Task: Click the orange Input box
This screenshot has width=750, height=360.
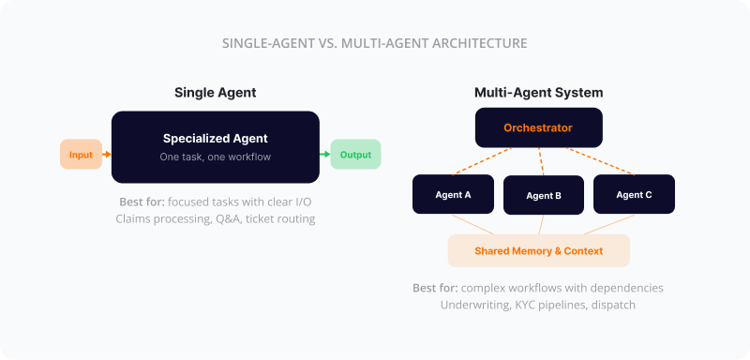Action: (x=81, y=154)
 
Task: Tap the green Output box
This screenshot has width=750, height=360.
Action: (x=355, y=155)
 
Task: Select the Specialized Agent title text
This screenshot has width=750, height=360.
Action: (x=216, y=138)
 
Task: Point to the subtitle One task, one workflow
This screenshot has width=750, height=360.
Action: (x=216, y=157)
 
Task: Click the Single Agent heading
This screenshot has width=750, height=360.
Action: (x=216, y=93)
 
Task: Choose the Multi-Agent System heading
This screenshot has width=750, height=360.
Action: (x=538, y=93)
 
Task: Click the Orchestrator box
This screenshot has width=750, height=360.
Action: (x=538, y=127)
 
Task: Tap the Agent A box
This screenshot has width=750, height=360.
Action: (x=454, y=194)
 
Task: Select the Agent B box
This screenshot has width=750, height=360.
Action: (x=544, y=196)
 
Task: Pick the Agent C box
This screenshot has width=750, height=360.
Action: (x=634, y=194)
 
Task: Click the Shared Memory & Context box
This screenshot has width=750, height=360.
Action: (x=538, y=251)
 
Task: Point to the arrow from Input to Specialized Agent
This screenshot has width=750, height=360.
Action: (x=107, y=154)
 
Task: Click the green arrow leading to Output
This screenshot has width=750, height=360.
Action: (x=324, y=154)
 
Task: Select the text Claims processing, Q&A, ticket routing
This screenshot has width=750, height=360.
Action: (x=216, y=218)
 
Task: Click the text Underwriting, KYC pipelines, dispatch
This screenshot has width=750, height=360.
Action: (x=538, y=305)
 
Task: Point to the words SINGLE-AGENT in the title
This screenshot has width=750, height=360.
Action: (x=267, y=43)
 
